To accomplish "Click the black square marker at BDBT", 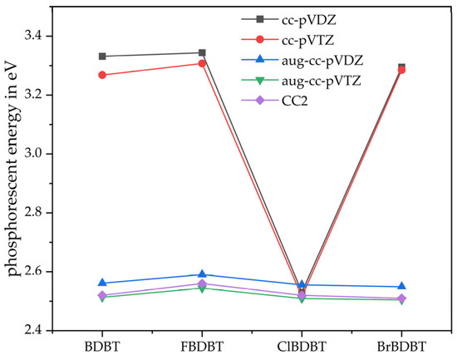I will click(102, 56).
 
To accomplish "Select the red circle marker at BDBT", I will click(102, 75).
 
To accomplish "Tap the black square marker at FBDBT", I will click(202, 53).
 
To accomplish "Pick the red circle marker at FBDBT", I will click(202, 63).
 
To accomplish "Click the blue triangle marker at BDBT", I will click(102, 283).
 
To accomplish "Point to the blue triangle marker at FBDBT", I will click(202, 274).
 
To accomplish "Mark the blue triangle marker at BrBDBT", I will click(402, 286).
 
